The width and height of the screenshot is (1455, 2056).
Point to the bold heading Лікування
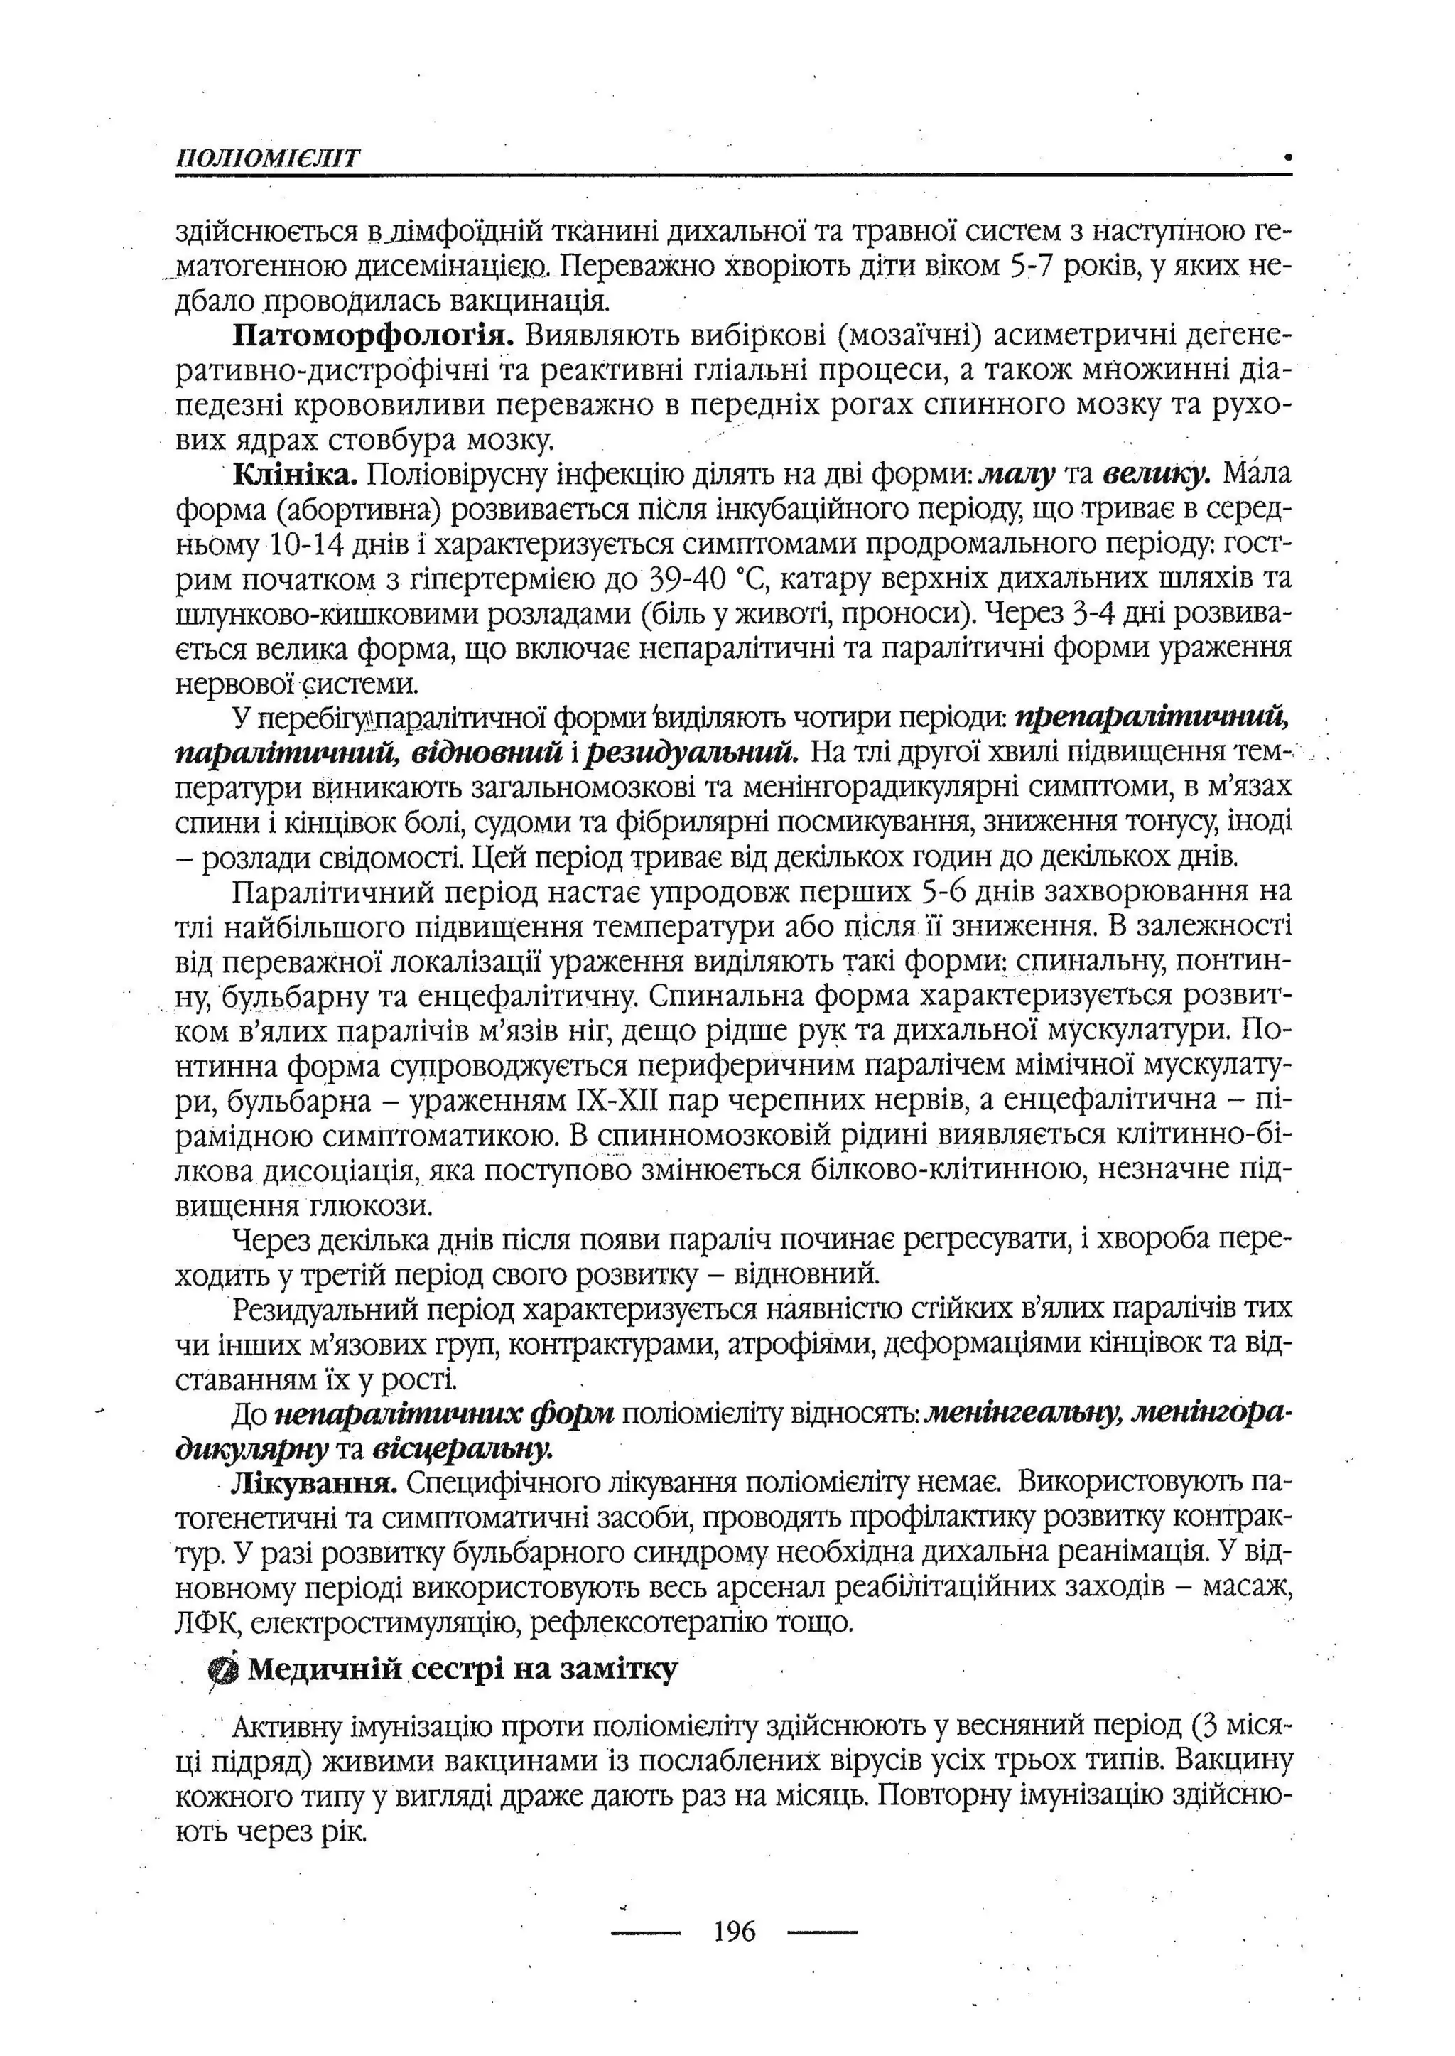(x=313, y=1484)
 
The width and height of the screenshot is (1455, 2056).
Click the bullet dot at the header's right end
(x=1287, y=157)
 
